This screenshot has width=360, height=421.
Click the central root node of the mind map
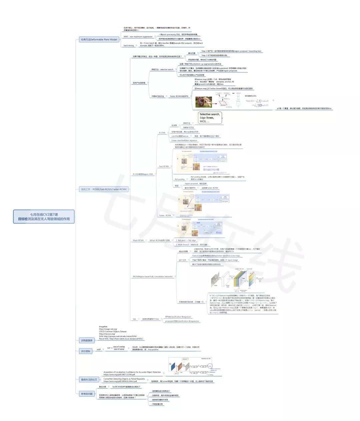44,217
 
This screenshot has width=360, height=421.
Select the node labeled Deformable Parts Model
99,39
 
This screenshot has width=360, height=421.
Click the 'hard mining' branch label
129,45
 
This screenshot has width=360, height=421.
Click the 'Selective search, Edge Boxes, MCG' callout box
210,118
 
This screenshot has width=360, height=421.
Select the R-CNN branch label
162,133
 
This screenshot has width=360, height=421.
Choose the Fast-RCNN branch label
164,166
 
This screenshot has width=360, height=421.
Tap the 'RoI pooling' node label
180,179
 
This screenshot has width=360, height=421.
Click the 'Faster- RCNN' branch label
165,215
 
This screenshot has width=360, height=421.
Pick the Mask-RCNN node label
138,240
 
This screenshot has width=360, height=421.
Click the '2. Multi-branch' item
192,245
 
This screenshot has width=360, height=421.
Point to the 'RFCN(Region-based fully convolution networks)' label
153,277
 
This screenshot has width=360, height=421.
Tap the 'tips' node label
134,319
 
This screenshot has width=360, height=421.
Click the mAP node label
99,350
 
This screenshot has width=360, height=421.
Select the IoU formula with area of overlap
116,348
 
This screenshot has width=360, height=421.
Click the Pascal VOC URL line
121,339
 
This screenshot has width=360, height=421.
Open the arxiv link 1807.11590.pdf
119,375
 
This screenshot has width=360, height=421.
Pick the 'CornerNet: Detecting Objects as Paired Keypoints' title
124,379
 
